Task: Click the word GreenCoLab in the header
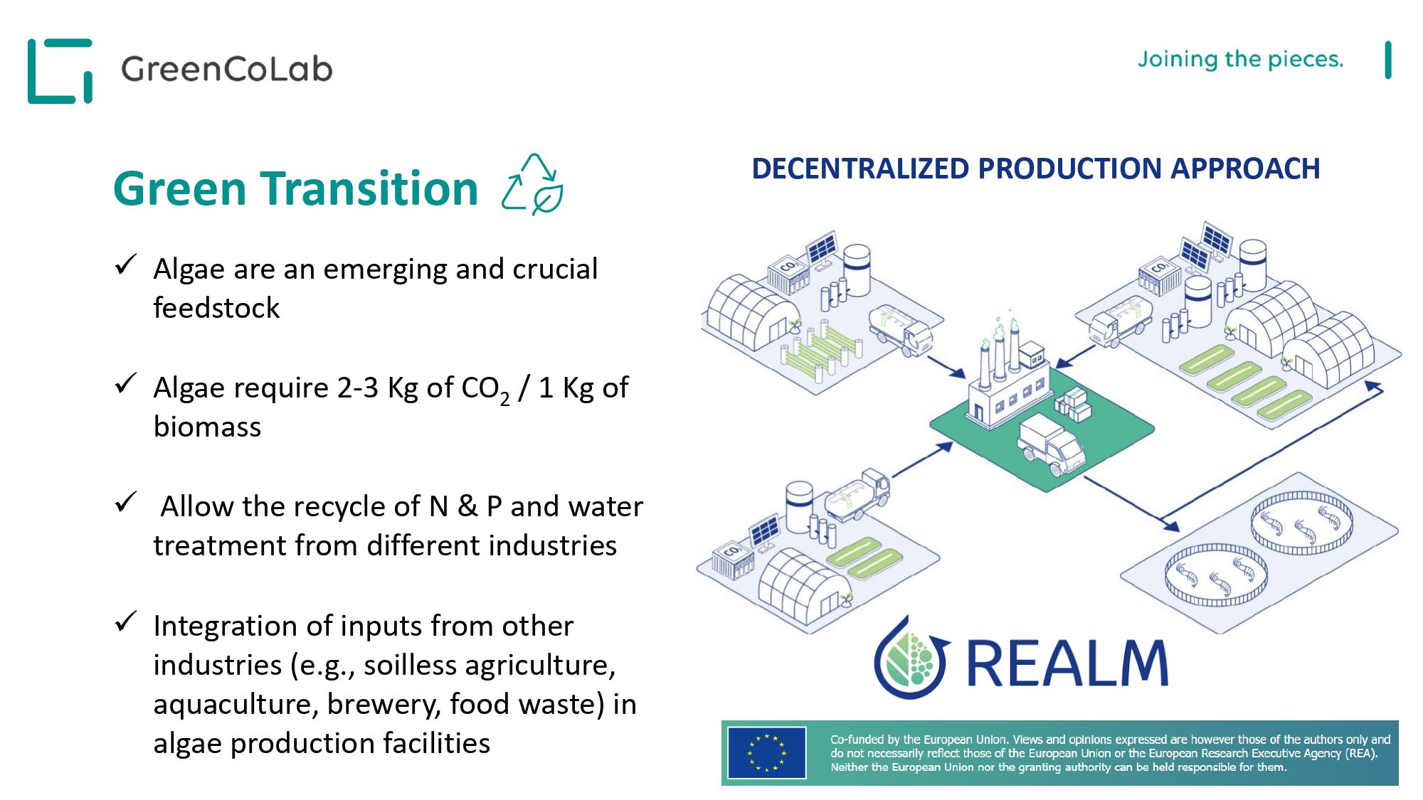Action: point(227,69)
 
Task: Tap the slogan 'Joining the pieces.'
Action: point(1240,59)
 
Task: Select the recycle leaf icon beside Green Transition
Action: point(533,183)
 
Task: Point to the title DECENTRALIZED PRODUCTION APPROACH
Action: point(1036,169)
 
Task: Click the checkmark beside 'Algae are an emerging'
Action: point(125,265)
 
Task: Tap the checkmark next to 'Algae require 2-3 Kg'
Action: point(125,383)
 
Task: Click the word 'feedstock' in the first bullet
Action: point(216,308)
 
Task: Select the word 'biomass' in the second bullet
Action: point(207,427)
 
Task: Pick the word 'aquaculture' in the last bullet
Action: point(235,705)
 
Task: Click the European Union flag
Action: point(766,752)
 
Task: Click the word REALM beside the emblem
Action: point(1067,663)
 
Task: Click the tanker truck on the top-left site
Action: point(900,329)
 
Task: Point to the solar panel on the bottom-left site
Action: point(765,531)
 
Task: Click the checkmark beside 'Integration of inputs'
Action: point(125,622)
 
